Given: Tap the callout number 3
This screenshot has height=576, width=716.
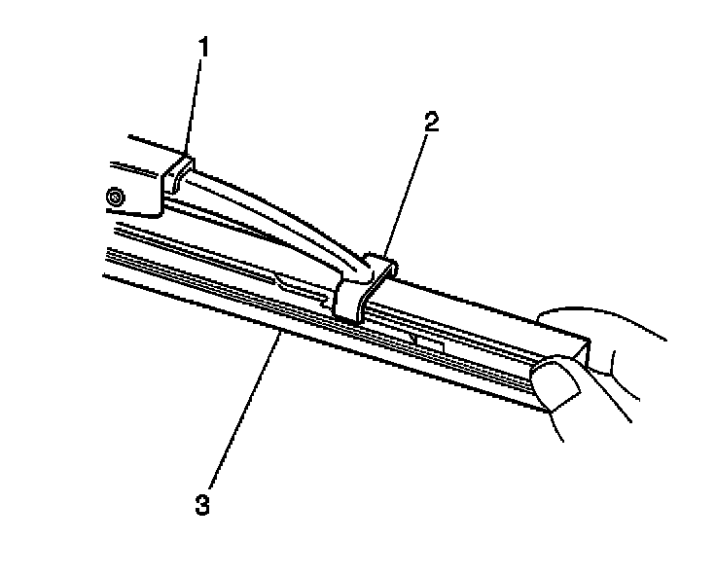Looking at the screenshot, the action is [x=201, y=504].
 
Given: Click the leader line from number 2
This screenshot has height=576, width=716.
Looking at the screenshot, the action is [x=407, y=191].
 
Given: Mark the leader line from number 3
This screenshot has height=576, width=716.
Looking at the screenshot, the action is [x=243, y=410].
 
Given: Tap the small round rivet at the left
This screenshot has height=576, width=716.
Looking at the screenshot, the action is [x=116, y=198].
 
